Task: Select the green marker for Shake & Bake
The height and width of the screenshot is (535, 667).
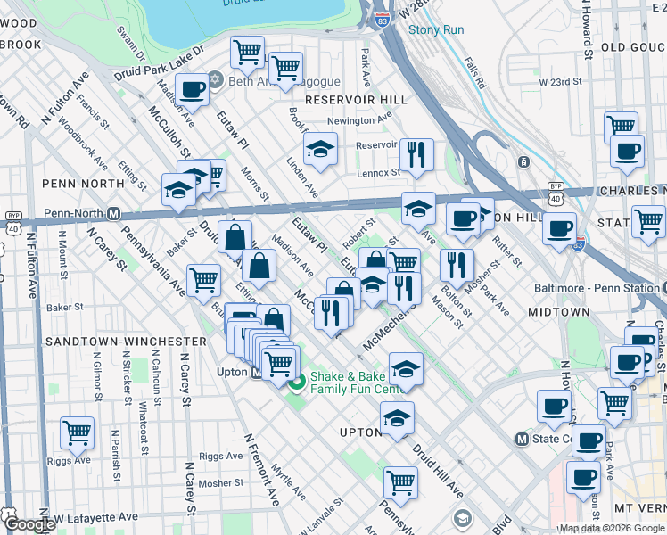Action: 298,382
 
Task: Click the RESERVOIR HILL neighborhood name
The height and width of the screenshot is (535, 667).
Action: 356,100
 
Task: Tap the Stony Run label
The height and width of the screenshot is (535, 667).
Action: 436,29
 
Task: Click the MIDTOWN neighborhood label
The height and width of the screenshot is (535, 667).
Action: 558,312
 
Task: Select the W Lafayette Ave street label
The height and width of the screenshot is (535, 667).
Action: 94,517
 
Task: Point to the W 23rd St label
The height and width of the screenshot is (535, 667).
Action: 560,82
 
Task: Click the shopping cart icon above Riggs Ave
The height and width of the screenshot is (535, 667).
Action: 78,433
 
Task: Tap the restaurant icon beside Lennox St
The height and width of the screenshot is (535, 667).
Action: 416,156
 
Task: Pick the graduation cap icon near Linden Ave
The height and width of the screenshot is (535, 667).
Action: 320,150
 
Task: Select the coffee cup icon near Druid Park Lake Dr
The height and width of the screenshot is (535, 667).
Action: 193,89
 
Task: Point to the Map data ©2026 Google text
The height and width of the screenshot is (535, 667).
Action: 612,528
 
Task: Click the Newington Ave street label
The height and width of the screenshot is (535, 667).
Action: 359,119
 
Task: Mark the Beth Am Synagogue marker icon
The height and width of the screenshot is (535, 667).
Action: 216,80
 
